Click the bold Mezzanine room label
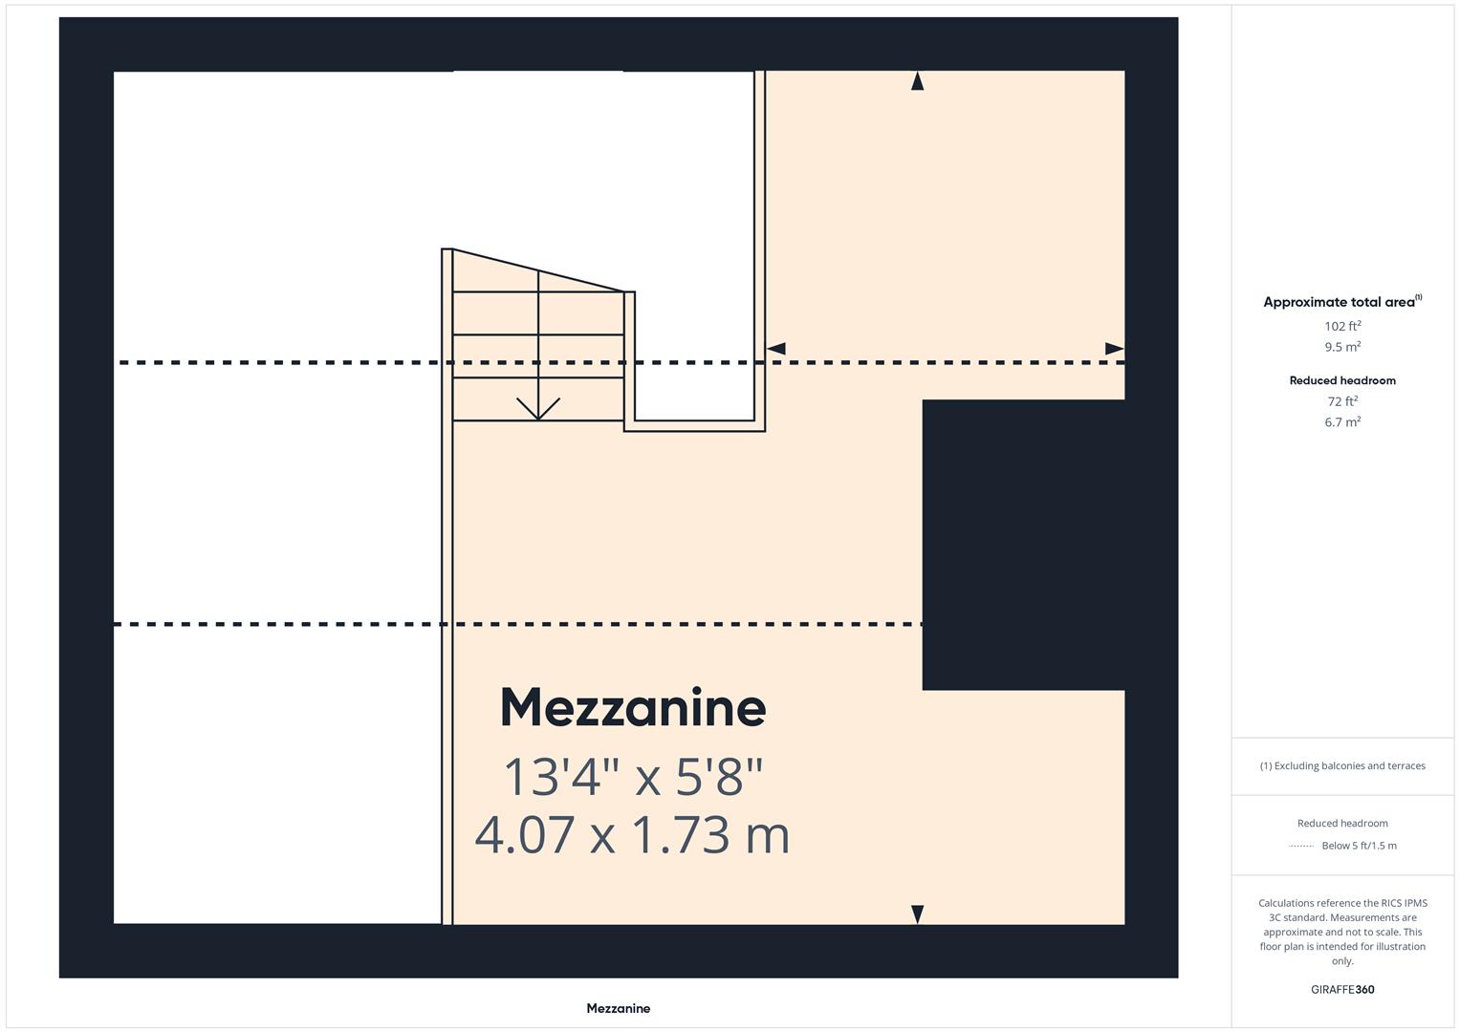coord(633,708)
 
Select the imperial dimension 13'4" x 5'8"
coord(633,776)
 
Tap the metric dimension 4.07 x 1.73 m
coord(632,834)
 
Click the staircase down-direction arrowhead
coord(538,410)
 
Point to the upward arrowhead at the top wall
coord(918,81)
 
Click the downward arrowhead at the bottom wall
coord(918,914)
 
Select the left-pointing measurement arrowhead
coord(776,349)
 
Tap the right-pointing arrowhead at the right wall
coord(1114,349)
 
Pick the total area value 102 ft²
coord(1342,326)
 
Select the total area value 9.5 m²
coord(1342,347)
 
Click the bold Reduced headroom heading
coord(1342,380)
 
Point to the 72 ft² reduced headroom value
coord(1342,401)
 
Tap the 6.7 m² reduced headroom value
coord(1342,422)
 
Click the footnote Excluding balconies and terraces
coord(1342,765)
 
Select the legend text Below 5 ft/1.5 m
coord(1359,846)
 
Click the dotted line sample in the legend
coord(1301,846)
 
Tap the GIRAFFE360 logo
coord(1342,989)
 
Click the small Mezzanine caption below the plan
coord(618,1008)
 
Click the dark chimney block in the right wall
coord(1023,545)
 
